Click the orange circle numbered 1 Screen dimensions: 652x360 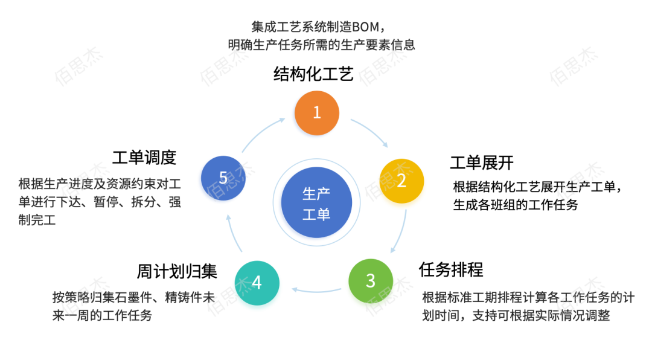pyautogui.click(x=317, y=112)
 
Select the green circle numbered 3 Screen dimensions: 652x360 pyautogui.click(x=371, y=281)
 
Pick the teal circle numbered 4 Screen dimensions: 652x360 pyautogui.click(x=257, y=283)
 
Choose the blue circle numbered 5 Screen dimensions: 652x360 pyautogui.click(x=223, y=178)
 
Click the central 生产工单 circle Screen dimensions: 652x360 pyautogui.click(x=317, y=204)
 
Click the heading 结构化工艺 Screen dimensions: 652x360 pyautogui.click(x=313, y=74)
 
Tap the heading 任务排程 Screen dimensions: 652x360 pyautogui.click(x=451, y=269)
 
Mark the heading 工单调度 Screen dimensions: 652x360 pyautogui.click(x=144, y=158)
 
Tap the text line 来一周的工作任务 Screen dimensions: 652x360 pyautogui.click(x=102, y=315)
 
